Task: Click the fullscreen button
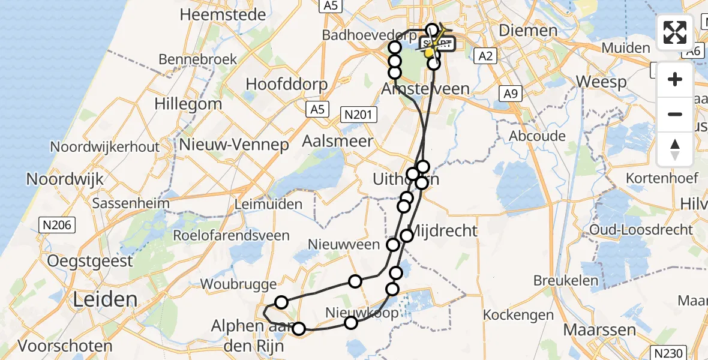(x=675, y=32)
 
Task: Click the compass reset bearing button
(x=675, y=149)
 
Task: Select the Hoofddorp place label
(x=287, y=83)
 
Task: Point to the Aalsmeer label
(x=338, y=142)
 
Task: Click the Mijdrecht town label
(x=446, y=230)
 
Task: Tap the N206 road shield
(x=57, y=225)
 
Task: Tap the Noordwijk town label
(x=65, y=178)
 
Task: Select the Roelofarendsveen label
(x=231, y=235)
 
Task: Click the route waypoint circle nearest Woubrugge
(x=281, y=302)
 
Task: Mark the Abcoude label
(x=537, y=136)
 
